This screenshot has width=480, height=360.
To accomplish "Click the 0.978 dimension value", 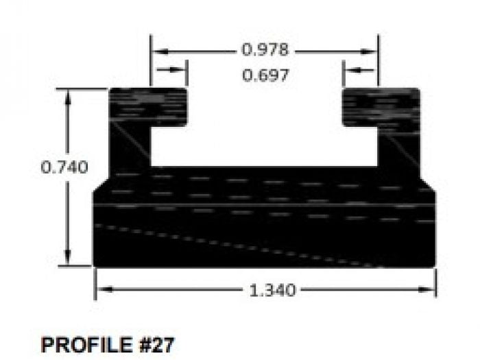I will pyautogui.click(x=265, y=50).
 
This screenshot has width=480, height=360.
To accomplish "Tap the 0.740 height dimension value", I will pyautogui.click(x=64, y=167).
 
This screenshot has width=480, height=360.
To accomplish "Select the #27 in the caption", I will pyautogui.click(x=157, y=344).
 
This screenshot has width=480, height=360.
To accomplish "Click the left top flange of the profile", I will pyautogui.click(x=148, y=106).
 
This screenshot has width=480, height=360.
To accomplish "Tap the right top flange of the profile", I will pyautogui.click(x=381, y=106).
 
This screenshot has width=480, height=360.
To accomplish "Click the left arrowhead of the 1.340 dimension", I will pyautogui.click(x=100, y=290).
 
